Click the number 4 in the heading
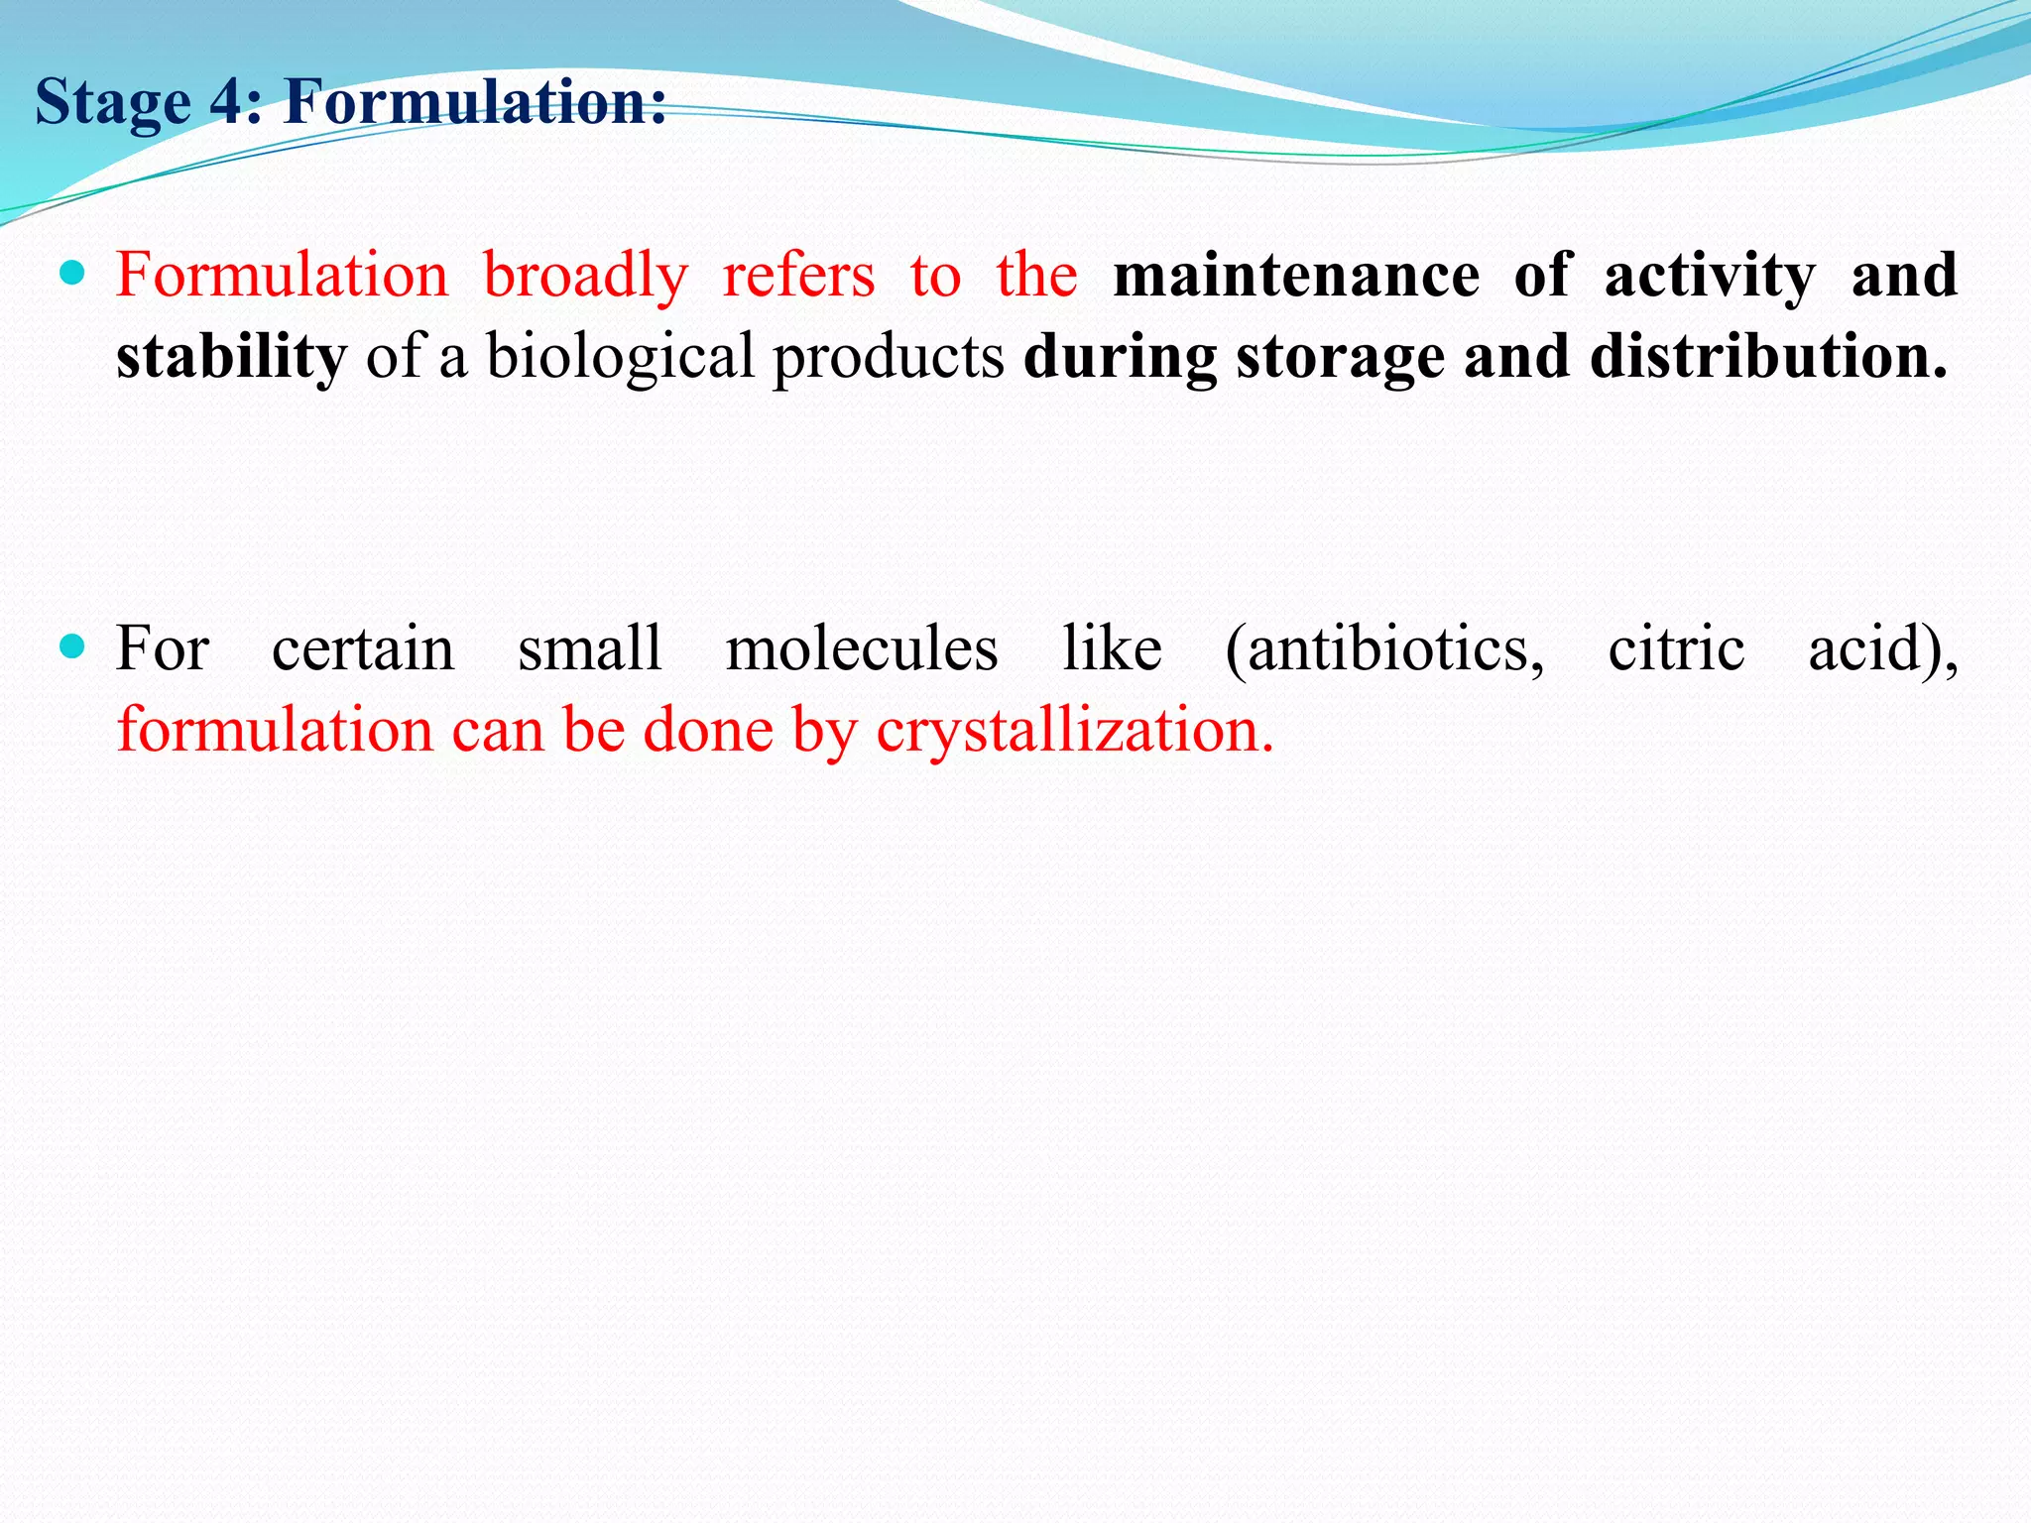[x=234, y=102]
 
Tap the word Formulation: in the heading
[x=475, y=102]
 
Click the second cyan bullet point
[x=72, y=647]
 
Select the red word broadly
[x=585, y=276]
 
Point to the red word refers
[x=798, y=276]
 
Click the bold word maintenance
[x=1296, y=276]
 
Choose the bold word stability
[x=231, y=357]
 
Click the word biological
[x=620, y=357]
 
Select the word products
[x=888, y=357]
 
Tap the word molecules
[x=861, y=649]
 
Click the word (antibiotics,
[x=1384, y=649]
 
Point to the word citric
[x=1676, y=649]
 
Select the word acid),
[x=1882, y=649]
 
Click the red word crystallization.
[x=1074, y=732]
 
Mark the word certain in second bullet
[x=363, y=649]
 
